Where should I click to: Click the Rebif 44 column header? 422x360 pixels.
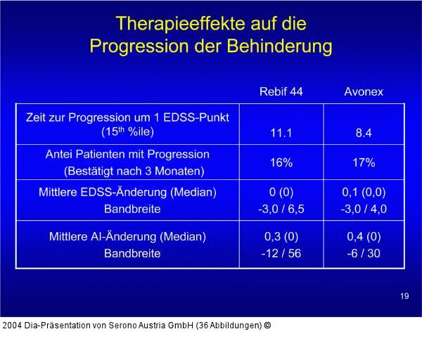[x=281, y=91]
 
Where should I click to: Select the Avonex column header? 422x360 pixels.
[x=364, y=91]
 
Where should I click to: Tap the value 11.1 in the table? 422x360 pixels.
[x=281, y=133]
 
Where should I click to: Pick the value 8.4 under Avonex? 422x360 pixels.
[x=364, y=133]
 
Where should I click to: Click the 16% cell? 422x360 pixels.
[x=281, y=163]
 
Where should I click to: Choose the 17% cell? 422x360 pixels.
[x=364, y=163]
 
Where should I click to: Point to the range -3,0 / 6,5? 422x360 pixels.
[x=281, y=209]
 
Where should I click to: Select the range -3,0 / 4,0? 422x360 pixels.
[x=364, y=209]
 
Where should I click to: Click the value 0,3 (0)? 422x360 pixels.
[x=281, y=237]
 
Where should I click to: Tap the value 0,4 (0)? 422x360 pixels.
[x=364, y=237]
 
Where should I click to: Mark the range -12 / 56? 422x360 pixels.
[x=281, y=253]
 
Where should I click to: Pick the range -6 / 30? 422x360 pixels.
[x=364, y=253]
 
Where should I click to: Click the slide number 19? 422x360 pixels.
[x=404, y=296]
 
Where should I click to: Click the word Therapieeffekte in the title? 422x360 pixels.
[x=181, y=24]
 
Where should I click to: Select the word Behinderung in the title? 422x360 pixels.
[x=280, y=46]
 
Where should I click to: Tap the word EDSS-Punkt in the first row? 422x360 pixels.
[x=196, y=117]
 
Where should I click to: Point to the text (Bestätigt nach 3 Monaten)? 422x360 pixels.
[x=134, y=172]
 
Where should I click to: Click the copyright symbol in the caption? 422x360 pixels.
[x=267, y=326]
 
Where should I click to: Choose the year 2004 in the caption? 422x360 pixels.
[x=13, y=326]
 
